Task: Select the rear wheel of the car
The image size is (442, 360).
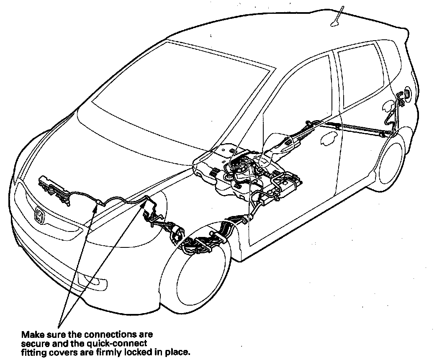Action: pyautogui.click(x=391, y=161)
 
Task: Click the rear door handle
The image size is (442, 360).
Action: pyautogui.click(x=329, y=139)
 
